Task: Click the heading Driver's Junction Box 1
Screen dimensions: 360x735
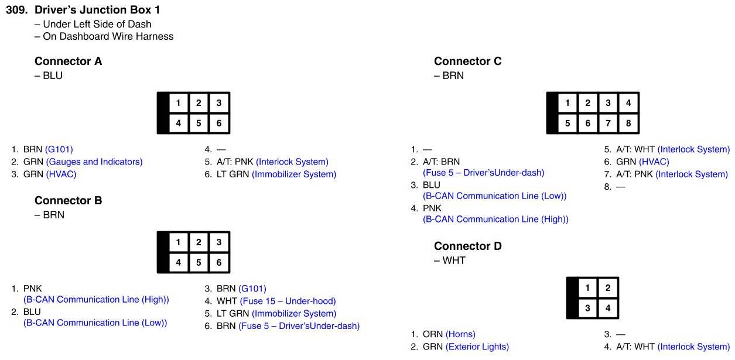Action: (x=97, y=9)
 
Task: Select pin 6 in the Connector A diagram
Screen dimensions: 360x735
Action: (x=218, y=124)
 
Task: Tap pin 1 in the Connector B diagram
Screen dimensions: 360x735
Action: (x=178, y=242)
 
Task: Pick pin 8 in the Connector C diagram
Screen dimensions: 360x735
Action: (x=628, y=124)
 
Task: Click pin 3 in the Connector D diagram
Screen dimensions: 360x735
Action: (x=587, y=308)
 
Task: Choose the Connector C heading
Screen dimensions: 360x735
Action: (x=467, y=61)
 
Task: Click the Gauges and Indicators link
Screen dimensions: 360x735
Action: (x=94, y=162)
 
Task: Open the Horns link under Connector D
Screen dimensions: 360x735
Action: (x=460, y=334)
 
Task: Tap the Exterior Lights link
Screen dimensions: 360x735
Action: (x=477, y=347)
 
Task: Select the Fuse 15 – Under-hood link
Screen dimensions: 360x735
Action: (x=288, y=301)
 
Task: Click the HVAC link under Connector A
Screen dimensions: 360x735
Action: (x=61, y=174)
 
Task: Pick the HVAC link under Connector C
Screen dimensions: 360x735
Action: (x=654, y=162)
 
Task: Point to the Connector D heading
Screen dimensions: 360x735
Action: (x=467, y=246)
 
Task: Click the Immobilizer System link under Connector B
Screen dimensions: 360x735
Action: (x=294, y=313)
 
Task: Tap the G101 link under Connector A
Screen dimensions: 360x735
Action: (x=59, y=149)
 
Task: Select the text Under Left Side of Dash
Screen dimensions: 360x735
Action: (x=97, y=24)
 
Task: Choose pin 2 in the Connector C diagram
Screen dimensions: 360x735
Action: (x=587, y=103)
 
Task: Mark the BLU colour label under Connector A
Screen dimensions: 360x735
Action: (x=52, y=76)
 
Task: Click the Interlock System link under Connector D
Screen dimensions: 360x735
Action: (x=693, y=347)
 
